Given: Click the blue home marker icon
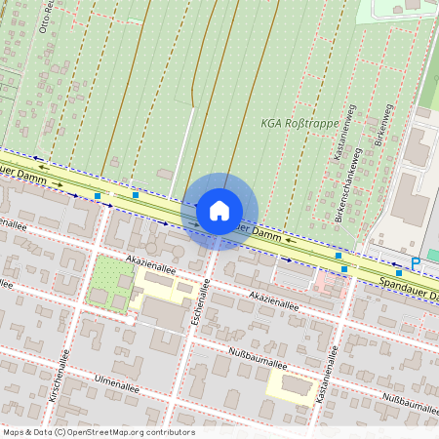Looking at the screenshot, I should click(219, 211).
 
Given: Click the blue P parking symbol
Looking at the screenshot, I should click(416, 263).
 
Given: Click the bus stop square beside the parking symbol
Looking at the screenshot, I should click(398, 273).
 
